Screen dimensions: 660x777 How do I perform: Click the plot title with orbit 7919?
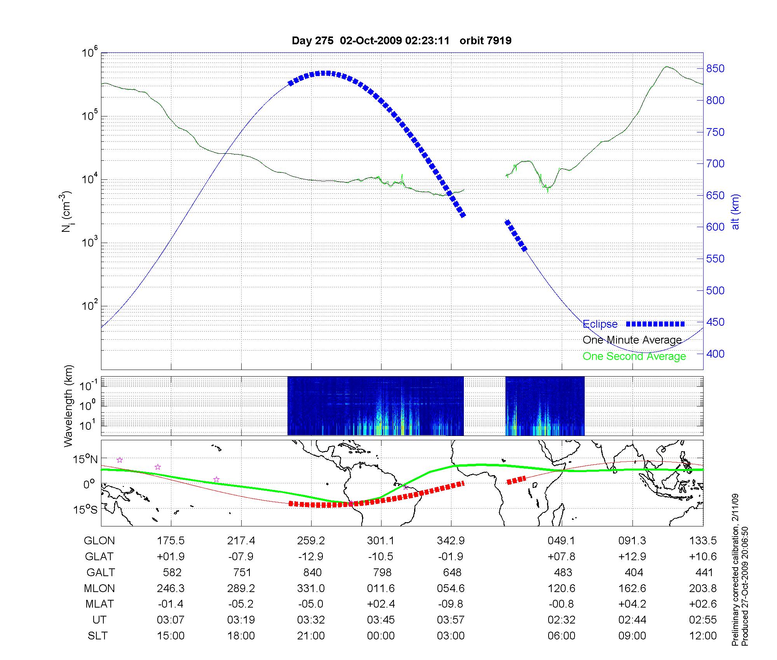click(x=401, y=40)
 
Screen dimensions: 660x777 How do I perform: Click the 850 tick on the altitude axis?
click(x=715, y=69)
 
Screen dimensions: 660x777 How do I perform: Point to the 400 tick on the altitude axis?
click(x=715, y=354)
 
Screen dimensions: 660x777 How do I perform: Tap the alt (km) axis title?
click(x=735, y=212)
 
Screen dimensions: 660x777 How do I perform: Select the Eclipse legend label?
click(x=600, y=324)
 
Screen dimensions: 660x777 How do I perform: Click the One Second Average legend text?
click(x=634, y=356)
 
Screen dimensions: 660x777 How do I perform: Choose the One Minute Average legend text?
click(x=632, y=340)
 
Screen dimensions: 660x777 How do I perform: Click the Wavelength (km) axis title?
click(x=68, y=406)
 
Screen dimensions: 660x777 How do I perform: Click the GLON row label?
click(x=99, y=541)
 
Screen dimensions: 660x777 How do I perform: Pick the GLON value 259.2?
click(x=311, y=541)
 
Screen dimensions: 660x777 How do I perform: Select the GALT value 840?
click(x=312, y=573)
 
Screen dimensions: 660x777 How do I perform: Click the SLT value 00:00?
click(x=381, y=636)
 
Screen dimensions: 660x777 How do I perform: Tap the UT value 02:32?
click(x=561, y=620)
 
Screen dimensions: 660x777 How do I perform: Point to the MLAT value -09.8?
click(x=451, y=604)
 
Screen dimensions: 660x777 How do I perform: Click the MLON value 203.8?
click(x=703, y=588)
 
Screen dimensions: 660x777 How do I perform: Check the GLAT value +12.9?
click(x=632, y=557)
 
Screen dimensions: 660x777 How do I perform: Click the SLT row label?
click(x=98, y=636)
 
